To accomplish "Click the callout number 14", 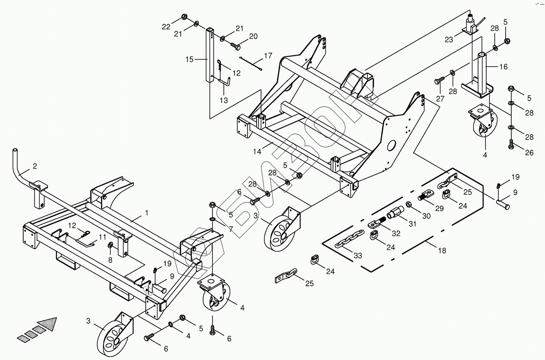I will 257,152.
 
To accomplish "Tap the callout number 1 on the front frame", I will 147,213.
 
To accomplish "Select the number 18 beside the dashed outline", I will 442,251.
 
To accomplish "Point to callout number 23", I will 449,40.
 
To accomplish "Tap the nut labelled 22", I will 184,16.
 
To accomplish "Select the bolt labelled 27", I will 439,80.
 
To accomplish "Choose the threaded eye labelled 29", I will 426,194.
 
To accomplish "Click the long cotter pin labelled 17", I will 250,63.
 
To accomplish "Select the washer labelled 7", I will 212,219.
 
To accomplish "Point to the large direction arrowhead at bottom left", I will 48,323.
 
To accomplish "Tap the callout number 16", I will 503,67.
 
